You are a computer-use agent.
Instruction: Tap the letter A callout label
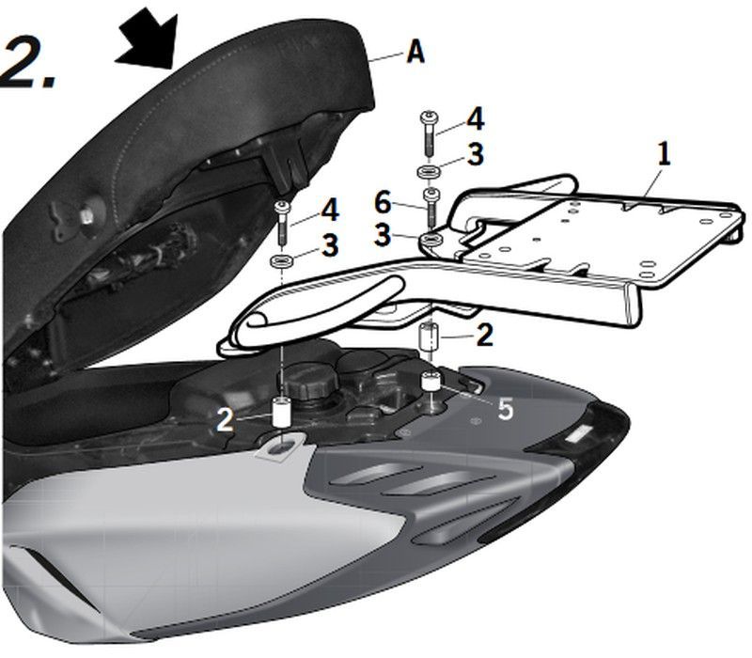pyautogui.click(x=415, y=53)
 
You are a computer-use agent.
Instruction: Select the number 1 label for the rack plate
pyautogui.click(x=664, y=155)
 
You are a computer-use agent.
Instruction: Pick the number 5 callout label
pyautogui.click(x=506, y=409)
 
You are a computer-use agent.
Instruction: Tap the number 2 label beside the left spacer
pyautogui.click(x=225, y=419)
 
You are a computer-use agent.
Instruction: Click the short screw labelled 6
pyautogui.click(x=432, y=205)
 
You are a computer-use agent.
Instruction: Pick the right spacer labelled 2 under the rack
pyautogui.click(x=430, y=337)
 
